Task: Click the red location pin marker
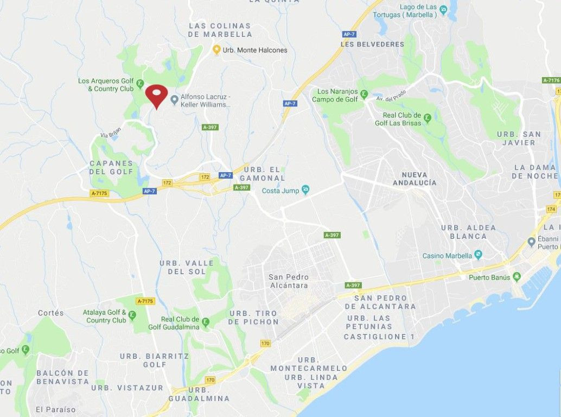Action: pyautogui.click(x=156, y=96)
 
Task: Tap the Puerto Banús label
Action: pyautogui.click(x=489, y=277)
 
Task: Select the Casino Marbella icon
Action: pyautogui.click(x=478, y=254)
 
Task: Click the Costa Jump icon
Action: pyautogui.click(x=305, y=189)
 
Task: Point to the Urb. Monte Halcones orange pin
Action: pyautogui.click(x=216, y=50)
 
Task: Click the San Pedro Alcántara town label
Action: pyautogui.click(x=288, y=281)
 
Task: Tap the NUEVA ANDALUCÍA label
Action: pyautogui.click(x=418, y=179)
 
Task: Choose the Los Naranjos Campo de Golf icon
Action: pyautogui.click(x=364, y=93)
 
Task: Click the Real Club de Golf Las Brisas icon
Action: pyautogui.click(x=427, y=117)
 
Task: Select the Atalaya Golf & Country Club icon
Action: pyautogui.click(x=132, y=315)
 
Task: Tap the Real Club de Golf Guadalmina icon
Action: pyautogui.click(x=205, y=324)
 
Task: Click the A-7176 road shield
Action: pyautogui.click(x=551, y=80)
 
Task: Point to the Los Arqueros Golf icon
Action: pyautogui.click(x=139, y=84)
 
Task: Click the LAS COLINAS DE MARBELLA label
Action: pyautogui.click(x=220, y=30)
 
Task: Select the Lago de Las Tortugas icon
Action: pyautogui.click(x=443, y=9)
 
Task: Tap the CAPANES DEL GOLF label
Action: pyautogui.click(x=111, y=167)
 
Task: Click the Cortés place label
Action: pyautogui.click(x=51, y=313)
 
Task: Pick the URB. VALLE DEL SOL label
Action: pyautogui.click(x=187, y=267)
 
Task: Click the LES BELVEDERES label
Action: pyautogui.click(x=372, y=44)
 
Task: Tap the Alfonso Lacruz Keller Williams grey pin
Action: pyautogui.click(x=174, y=99)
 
